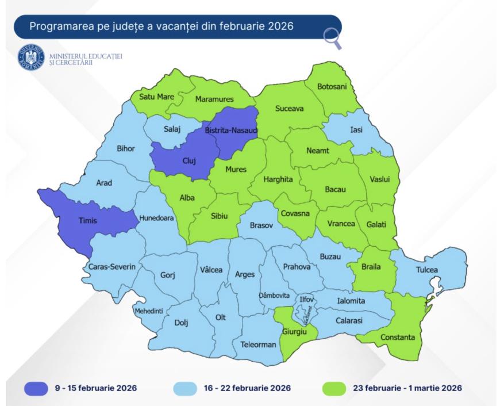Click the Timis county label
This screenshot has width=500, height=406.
pyautogui.click(x=88, y=220)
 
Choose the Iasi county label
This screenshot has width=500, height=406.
pyautogui.click(x=357, y=130)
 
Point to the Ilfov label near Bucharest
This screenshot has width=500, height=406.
pyautogui.click(x=305, y=299)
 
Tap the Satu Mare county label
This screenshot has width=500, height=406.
pyautogui.click(x=156, y=97)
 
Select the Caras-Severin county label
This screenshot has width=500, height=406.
pyautogui.click(x=112, y=267)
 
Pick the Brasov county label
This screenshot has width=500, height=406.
pyautogui.click(x=261, y=226)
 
